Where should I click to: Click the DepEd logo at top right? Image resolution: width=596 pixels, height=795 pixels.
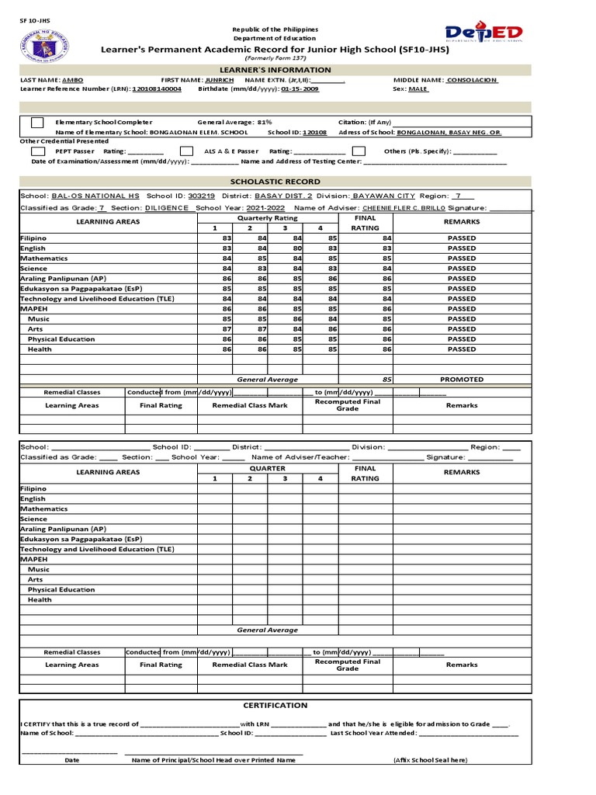(483, 33)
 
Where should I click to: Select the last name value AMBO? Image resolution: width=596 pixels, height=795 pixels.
(72, 80)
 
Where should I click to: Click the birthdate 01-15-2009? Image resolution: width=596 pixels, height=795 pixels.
(300, 89)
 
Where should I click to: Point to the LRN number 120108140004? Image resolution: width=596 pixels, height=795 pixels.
(157, 89)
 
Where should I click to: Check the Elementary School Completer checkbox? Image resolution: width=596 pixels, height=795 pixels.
(37, 123)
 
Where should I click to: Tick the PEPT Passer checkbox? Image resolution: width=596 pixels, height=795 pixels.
(37, 151)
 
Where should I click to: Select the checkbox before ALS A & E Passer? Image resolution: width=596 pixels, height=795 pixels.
(186, 151)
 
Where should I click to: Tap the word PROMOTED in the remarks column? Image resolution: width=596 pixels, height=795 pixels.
(462, 380)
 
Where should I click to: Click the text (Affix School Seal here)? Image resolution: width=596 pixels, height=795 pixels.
(430, 761)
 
